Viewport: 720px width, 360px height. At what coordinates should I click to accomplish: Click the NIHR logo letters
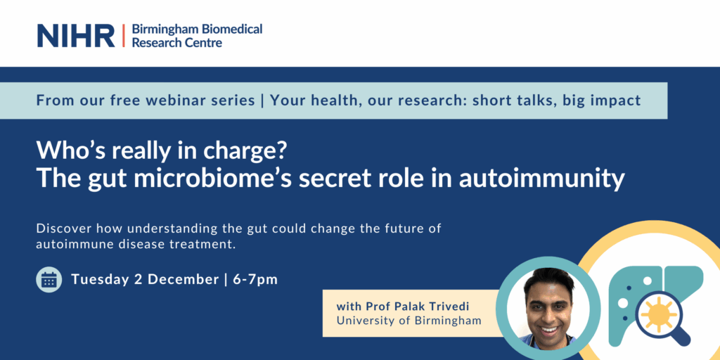pos(76,36)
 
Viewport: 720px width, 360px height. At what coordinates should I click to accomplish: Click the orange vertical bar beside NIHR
pos(124,36)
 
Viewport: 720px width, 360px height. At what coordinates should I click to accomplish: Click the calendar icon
pos(49,279)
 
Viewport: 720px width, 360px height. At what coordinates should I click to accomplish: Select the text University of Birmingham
pos(409,321)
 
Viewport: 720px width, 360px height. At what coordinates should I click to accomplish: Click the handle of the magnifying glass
pos(681,337)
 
